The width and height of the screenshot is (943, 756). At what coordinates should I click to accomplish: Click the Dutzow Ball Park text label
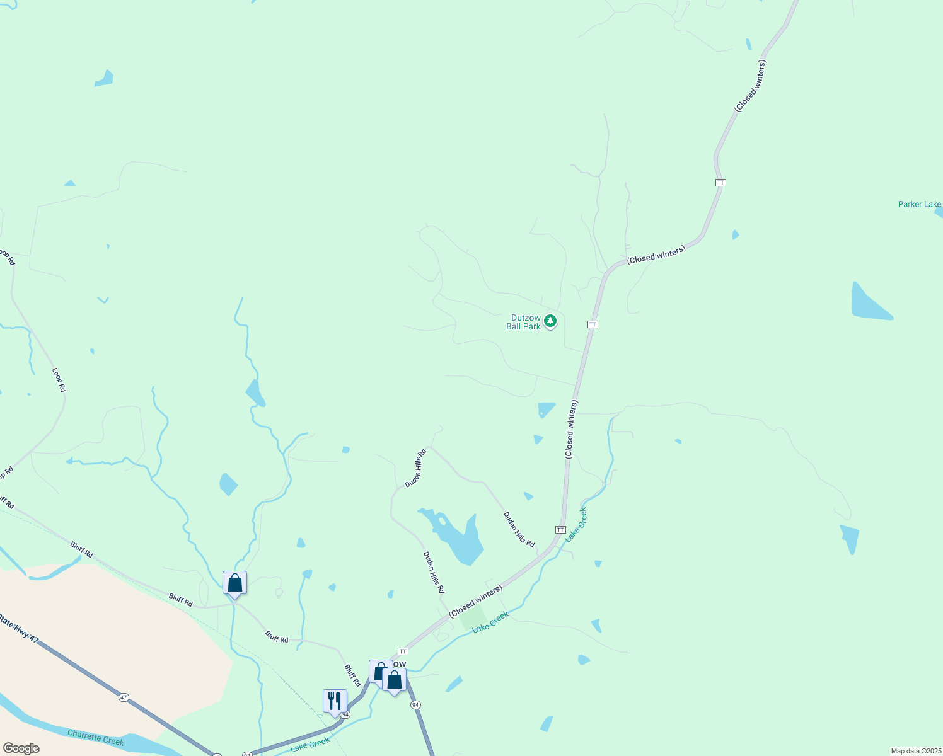click(523, 322)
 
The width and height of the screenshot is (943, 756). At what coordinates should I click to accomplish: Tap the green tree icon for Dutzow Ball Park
click(550, 321)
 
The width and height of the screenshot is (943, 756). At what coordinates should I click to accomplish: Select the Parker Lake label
click(919, 204)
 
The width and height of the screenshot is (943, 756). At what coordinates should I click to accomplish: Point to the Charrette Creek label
click(95, 737)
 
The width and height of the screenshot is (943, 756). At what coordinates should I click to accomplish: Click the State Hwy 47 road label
click(19, 629)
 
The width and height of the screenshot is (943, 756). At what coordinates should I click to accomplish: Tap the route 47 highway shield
click(124, 697)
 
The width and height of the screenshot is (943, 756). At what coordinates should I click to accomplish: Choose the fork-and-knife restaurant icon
click(334, 701)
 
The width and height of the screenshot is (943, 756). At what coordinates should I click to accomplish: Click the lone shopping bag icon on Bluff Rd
click(234, 583)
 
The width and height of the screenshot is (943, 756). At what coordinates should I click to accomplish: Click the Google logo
click(21, 748)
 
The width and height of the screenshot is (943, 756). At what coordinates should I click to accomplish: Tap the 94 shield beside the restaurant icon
click(345, 714)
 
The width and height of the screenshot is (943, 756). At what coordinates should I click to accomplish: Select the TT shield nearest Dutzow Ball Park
click(593, 324)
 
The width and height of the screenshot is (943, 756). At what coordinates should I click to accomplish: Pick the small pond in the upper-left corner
click(105, 79)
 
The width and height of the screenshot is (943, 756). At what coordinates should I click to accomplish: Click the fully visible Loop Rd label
click(59, 380)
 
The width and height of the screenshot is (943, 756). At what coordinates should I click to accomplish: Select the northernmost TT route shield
click(720, 183)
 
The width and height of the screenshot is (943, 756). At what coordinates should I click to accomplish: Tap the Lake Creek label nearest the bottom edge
click(310, 744)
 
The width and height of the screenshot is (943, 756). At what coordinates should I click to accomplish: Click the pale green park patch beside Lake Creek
click(473, 618)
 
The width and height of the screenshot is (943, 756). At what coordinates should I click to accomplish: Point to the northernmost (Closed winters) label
click(750, 86)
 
